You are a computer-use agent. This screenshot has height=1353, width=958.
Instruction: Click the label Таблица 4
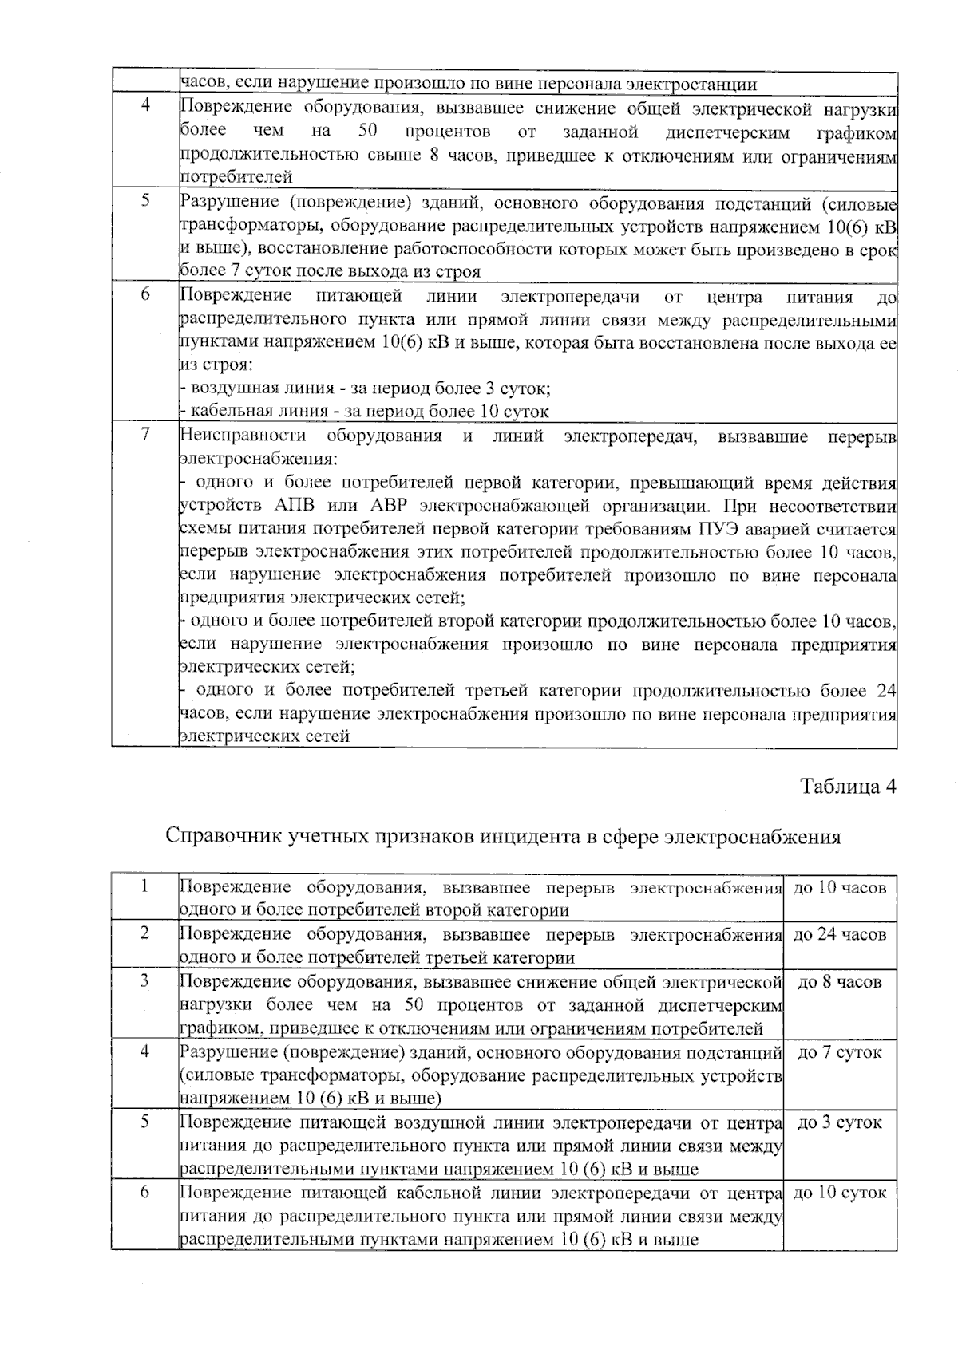(x=848, y=787)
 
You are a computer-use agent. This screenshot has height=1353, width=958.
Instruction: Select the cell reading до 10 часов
(x=840, y=888)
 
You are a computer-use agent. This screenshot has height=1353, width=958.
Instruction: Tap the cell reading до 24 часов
(x=840, y=935)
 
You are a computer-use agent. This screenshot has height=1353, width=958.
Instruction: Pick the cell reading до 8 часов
(x=840, y=982)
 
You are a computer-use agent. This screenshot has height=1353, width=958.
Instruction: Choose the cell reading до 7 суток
(x=840, y=1052)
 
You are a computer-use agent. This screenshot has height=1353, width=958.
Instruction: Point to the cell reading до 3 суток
(x=840, y=1122)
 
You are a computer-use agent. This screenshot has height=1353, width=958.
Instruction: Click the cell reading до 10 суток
(x=840, y=1193)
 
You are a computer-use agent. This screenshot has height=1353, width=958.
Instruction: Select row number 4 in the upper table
(x=145, y=107)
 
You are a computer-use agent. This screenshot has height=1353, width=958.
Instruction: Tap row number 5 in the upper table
(x=145, y=201)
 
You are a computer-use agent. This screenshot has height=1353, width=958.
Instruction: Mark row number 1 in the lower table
(x=144, y=887)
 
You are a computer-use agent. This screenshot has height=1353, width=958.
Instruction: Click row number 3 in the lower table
(x=144, y=981)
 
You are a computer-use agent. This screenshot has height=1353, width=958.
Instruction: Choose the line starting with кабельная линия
(x=366, y=412)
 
